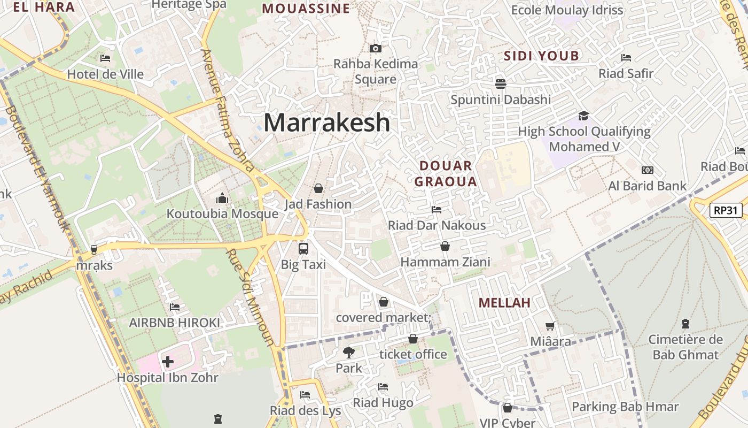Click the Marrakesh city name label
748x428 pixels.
coord(327,123)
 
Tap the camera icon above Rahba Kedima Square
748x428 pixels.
coord(376,49)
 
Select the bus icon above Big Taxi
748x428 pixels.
coord(303,248)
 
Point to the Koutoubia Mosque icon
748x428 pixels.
coord(222,198)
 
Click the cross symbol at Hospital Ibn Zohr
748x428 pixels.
coord(168,362)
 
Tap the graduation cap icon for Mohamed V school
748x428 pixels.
coord(583,116)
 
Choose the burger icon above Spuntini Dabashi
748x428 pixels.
coord(501,83)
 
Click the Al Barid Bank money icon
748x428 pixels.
coord(648,170)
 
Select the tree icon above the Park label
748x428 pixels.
coord(348,353)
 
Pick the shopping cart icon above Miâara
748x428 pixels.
coord(550,326)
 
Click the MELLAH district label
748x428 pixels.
coord(504,303)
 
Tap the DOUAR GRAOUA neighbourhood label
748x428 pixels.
coord(446,173)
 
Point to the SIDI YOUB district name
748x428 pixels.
coord(541,56)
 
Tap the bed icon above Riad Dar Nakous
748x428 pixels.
coord(437,209)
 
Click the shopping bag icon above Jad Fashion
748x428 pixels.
coord(318,188)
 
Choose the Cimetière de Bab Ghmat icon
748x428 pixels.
coord(685,323)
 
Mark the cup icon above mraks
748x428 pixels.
coord(94,249)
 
